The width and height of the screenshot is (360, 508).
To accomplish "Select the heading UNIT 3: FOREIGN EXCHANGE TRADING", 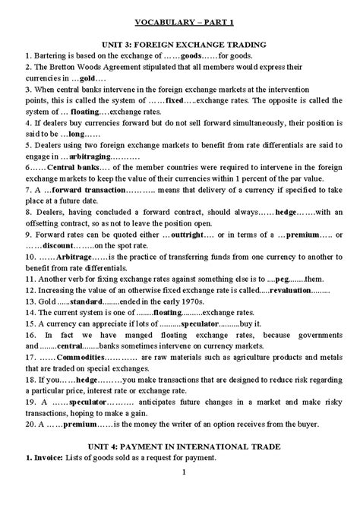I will [179, 43].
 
